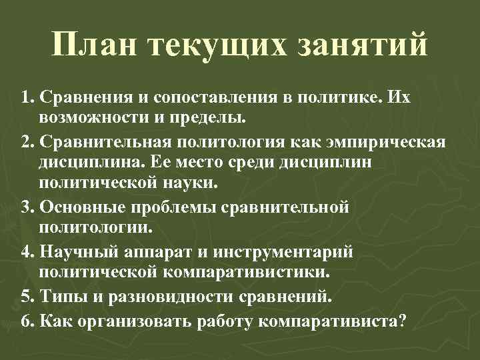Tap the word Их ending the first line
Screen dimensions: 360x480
click(399, 98)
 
